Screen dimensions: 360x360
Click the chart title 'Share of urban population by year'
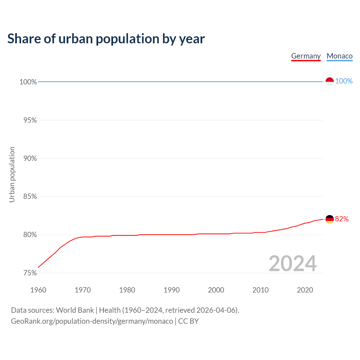106,39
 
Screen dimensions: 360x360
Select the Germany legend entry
306,56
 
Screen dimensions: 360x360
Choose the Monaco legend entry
339,56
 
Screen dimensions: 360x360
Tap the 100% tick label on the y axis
28,82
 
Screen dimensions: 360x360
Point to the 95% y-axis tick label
30,120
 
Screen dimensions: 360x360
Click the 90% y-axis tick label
30,159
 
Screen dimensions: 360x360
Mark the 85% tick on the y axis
30,197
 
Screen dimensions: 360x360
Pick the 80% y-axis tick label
30,235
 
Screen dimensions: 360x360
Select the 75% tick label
30,273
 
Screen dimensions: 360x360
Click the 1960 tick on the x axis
38,290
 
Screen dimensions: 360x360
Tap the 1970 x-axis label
83,290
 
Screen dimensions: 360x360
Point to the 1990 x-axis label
172,290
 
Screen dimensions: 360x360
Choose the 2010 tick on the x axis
260,290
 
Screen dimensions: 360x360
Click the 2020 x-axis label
305,290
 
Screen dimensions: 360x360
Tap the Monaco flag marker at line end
330,82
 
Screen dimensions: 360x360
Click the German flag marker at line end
330,219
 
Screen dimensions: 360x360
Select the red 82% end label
342,219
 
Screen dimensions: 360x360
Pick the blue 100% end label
344,81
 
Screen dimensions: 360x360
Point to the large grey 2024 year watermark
292,264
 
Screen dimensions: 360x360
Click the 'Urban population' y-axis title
12,174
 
